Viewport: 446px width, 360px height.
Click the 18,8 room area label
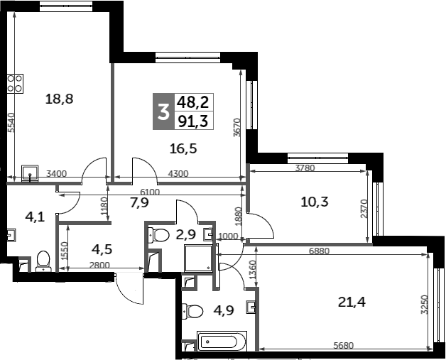click(60, 99)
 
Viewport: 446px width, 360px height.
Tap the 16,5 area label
click(182, 148)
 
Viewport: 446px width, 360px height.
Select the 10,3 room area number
click(314, 202)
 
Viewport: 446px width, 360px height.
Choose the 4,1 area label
click(35, 217)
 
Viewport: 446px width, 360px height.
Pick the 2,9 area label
click(185, 233)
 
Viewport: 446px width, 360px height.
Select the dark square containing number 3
click(163, 111)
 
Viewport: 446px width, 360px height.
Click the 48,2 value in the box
click(192, 102)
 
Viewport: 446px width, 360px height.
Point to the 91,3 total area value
click(192, 121)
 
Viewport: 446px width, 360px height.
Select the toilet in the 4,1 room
click(43, 261)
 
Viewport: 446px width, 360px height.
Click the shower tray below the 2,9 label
click(200, 259)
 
